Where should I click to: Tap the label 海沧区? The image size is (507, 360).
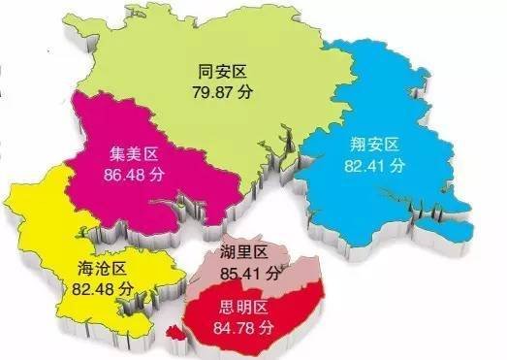pos(98,269)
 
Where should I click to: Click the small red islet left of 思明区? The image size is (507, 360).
pos(175,332)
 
